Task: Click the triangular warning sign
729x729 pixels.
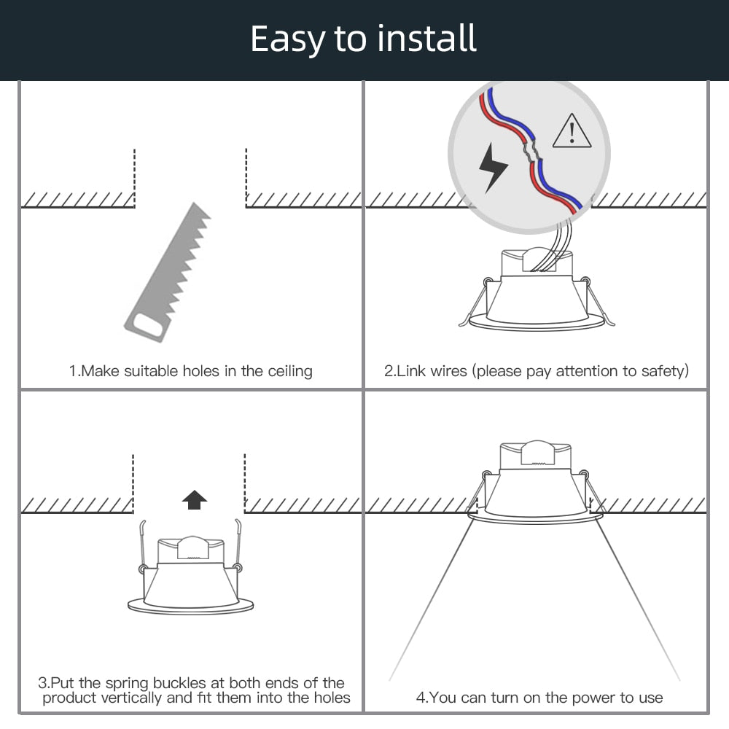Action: [x=572, y=131]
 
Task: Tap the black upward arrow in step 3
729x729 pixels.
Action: [x=194, y=499]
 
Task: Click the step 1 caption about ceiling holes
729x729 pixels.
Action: [x=191, y=371]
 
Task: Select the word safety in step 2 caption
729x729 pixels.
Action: [x=662, y=371]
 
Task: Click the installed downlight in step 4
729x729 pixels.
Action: [x=536, y=485]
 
